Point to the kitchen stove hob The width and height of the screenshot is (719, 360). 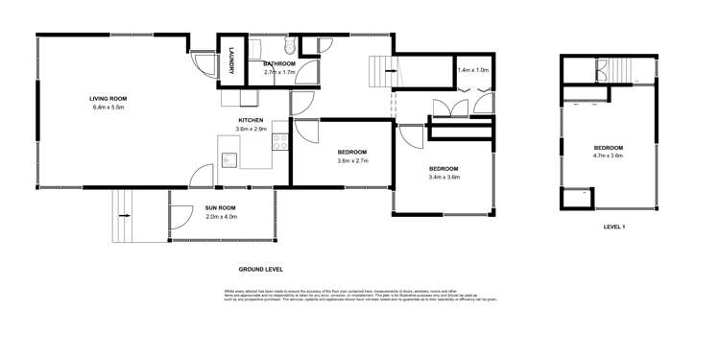pyautogui.click(x=281, y=142)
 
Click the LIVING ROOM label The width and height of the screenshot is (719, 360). pyautogui.click(x=108, y=99)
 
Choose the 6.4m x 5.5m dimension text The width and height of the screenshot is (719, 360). pyautogui.click(x=108, y=108)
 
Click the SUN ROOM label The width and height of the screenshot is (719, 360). pyautogui.click(x=221, y=207)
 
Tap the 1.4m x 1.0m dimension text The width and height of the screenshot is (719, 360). pyautogui.click(x=472, y=70)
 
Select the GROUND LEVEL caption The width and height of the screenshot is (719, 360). pyautogui.click(x=260, y=270)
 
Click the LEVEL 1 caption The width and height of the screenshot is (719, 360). pyautogui.click(x=614, y=228)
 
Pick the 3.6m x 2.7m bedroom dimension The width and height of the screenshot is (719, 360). pyautogui.click(x=352, y=160)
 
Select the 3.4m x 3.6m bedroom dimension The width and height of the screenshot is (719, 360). pyautogui.click(x=443, y=177)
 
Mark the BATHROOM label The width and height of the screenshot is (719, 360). pyautogui.click(x=279, y=63)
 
